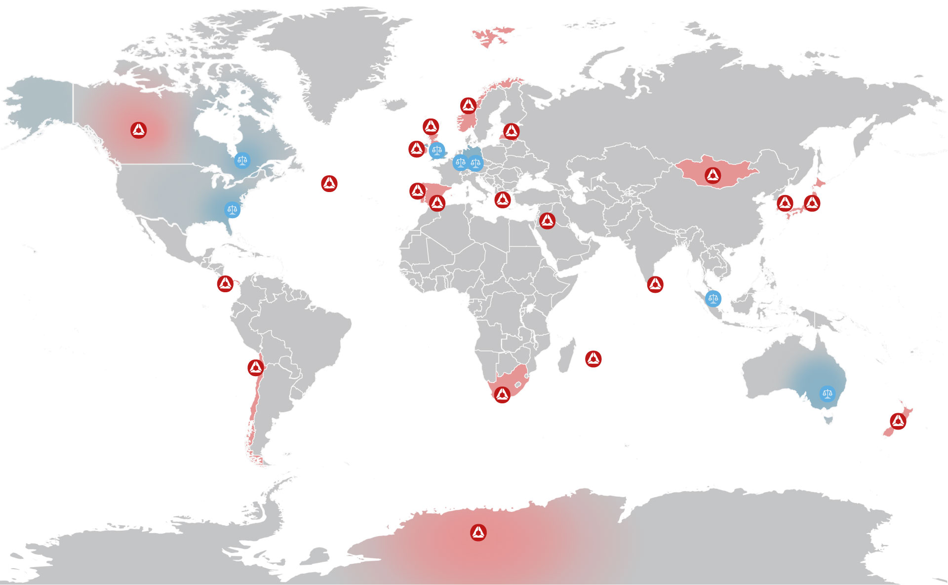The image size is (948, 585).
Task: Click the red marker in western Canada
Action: (x=139, y=130)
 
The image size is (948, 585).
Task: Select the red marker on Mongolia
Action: (x=712, y=175)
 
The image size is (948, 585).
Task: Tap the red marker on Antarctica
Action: (x=478, y=532)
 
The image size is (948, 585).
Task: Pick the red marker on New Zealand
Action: (x=898, y=421)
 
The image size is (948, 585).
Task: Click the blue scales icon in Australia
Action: (x=827, y=393)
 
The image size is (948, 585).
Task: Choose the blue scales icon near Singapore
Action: (x=712, y=298)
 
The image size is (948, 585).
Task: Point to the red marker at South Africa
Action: (x=502, y=394)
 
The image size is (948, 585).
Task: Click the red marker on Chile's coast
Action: (x=256, y=367)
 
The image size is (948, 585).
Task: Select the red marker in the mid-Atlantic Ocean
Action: (x=329, y=184)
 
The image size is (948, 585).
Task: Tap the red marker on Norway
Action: (x=469, y=105)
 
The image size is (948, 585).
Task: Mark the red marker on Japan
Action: (x=812, y=202)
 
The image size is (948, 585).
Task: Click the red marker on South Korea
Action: (x=785, y=202)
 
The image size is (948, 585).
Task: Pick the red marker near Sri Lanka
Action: (x=655, y=284)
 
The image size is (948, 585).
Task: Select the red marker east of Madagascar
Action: (x=593, y=359)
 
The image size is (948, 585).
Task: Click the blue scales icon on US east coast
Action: (x=232, y=209)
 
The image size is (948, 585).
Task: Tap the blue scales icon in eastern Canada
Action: (x=241, y=160)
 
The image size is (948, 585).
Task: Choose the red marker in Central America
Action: (x=226, y=284)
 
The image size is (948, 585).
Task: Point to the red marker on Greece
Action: (x=503, y=199)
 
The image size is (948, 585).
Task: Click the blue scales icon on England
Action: (x=437, y=150)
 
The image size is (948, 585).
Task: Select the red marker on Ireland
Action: (x=417, y=149)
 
